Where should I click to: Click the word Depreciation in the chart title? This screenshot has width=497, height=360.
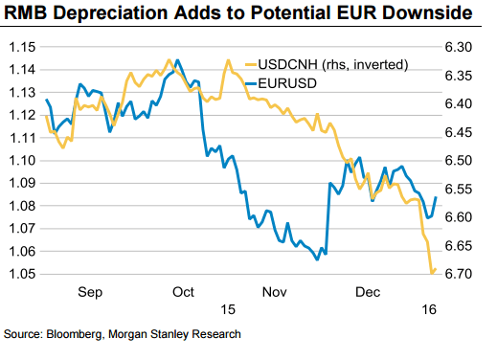(112, 13)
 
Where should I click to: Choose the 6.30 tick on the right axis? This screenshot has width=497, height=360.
(461, 47)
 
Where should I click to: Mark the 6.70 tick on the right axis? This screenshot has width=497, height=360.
(461, 275)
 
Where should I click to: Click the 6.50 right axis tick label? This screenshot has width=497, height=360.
(461, 161)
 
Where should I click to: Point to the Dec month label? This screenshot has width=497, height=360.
(370, 291)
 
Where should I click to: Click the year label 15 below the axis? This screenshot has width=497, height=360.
(227, 310)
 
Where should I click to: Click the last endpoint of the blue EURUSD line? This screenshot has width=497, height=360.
(437, 198)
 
